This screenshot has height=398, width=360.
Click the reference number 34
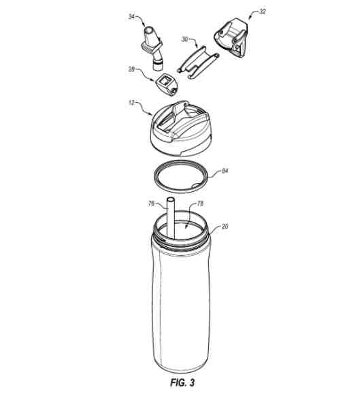pos(131,16)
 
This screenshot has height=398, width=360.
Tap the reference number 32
pos(262,12)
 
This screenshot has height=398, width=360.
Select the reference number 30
pos(184,39)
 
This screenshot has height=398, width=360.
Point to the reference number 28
pos(131,69)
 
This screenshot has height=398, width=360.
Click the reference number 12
pos(131,103)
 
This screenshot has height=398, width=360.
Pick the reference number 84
pos(225,171)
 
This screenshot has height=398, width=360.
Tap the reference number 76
pos(151,203)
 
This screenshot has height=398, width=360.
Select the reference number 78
pos(200,203)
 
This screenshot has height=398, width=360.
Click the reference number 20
pos(225,226)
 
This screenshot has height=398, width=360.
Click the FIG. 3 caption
pos(182,382)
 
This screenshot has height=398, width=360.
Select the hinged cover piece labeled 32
pos(231,37)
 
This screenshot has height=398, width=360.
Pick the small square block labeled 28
pos(166,85)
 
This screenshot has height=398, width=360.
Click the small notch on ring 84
pos(196,186)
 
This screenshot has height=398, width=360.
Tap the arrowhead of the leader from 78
pos(186,226)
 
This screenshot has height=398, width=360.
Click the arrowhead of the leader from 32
pos(250,18)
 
